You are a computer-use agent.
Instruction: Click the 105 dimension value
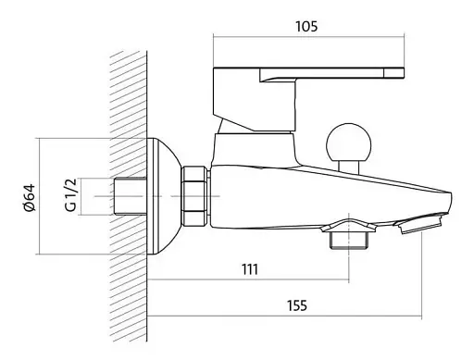click(306, 27)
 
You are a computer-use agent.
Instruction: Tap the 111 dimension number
click(250, 269)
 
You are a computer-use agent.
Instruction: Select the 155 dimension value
click(297, 305)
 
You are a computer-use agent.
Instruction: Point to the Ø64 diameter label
click(30, 197)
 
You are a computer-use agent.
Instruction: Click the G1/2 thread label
click(70, 195)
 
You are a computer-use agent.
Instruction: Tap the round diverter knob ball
click(348, 143)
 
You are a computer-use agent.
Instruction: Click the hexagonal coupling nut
click(194, 196)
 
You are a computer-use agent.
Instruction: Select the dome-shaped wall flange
click(164, 196)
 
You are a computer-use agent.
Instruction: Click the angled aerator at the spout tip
click(418, 223)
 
